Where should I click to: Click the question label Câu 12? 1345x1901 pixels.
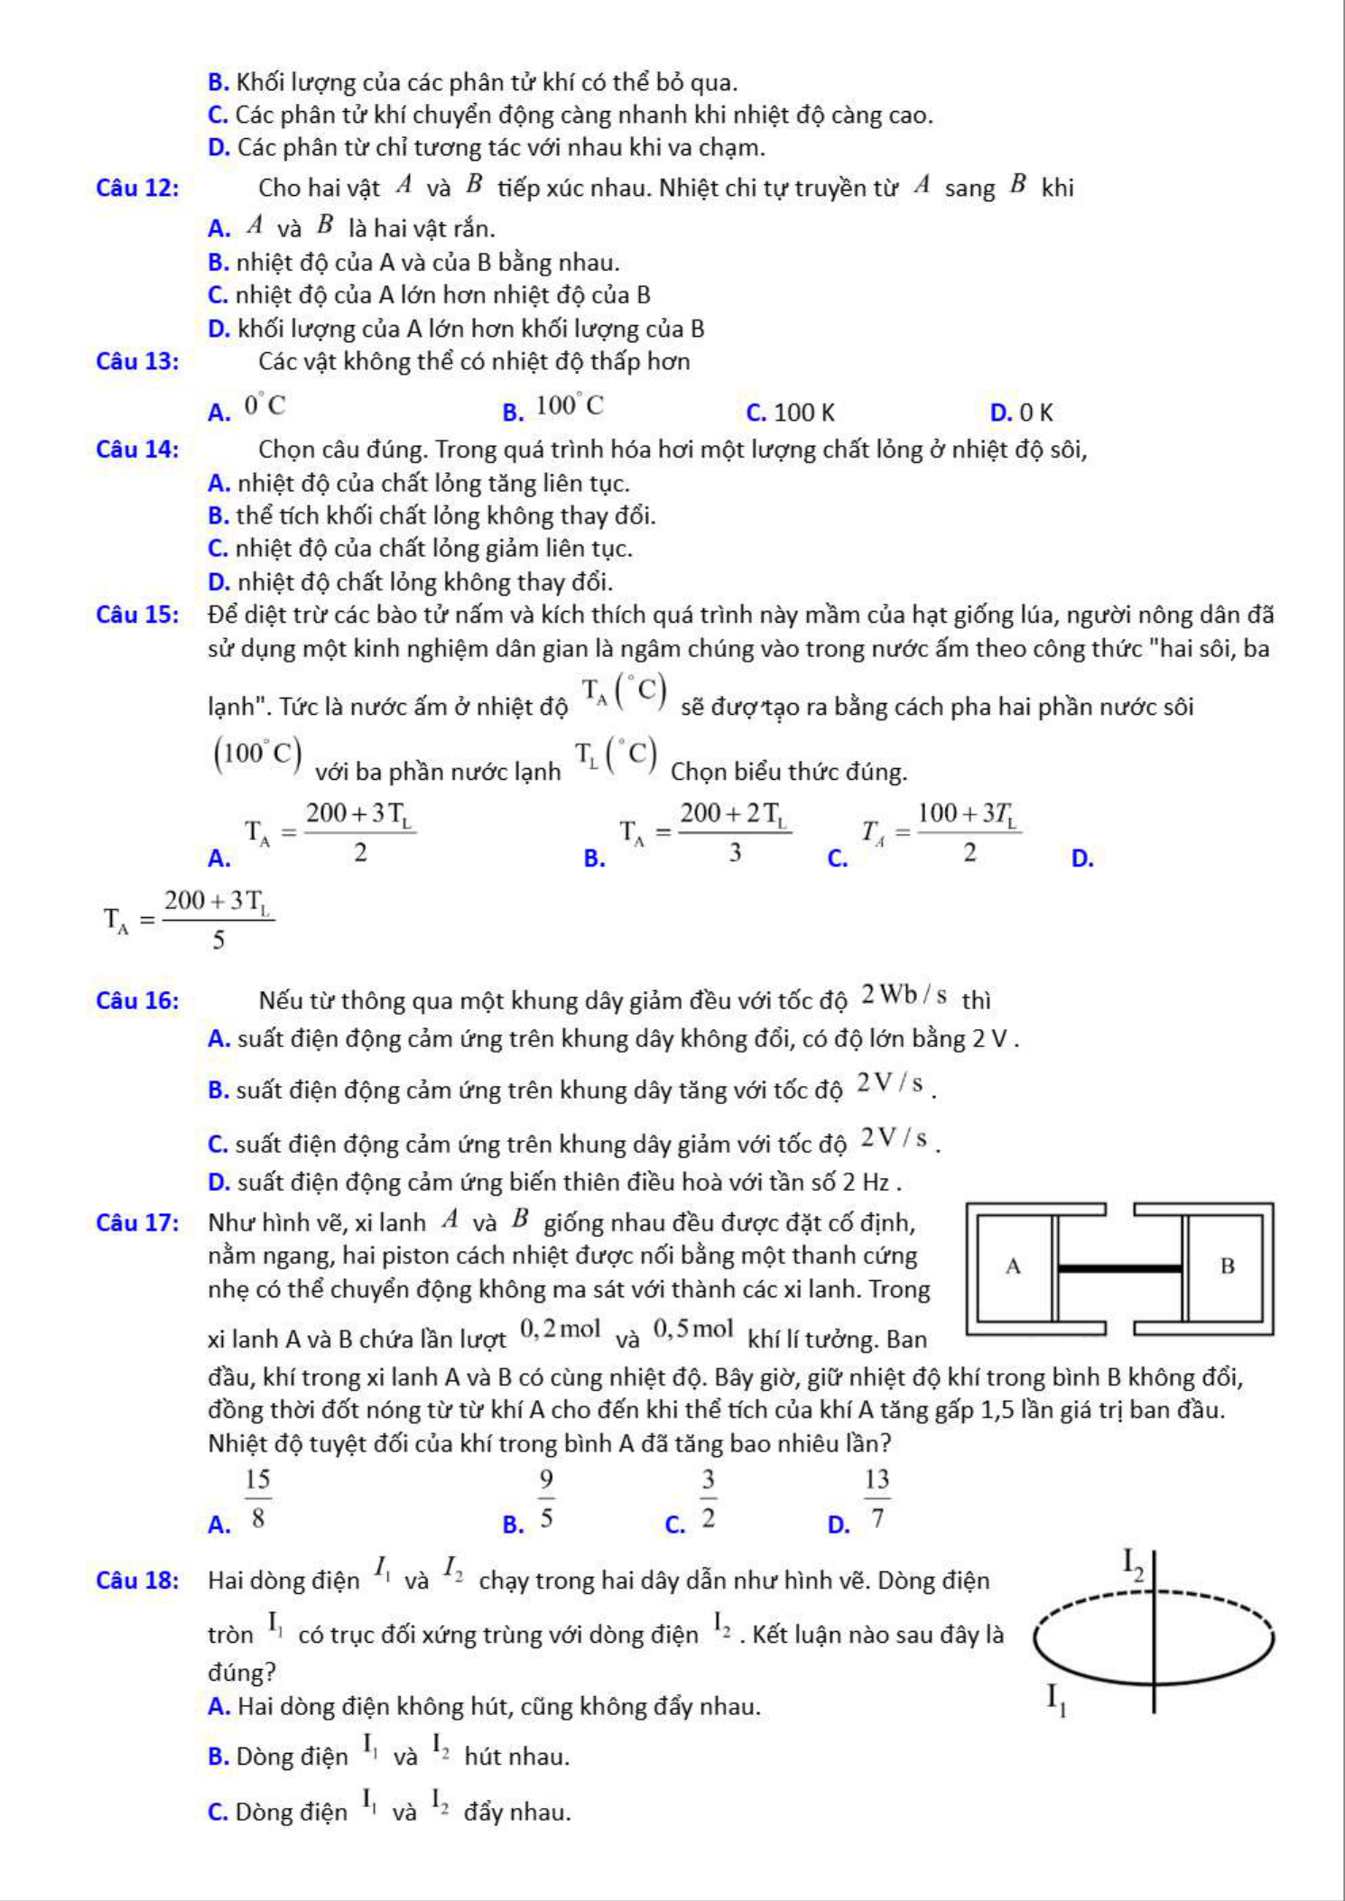[137, 188]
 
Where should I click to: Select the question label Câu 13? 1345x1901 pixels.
[137, 361]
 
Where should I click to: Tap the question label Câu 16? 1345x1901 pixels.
[137, 1000]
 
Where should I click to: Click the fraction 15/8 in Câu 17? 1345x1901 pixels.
[257, 1498]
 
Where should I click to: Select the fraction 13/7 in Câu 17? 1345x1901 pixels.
[877, 1498]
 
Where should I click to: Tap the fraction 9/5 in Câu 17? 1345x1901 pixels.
[546, 1498]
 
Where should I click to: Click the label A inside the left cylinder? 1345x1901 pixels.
[1013, 1266]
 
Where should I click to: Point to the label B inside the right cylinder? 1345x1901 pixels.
[1227, 1266]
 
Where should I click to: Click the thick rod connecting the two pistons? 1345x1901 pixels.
[1119, 1268]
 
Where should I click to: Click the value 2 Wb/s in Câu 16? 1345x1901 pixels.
[904, 996]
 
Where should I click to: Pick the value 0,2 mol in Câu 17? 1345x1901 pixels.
[561, 1329]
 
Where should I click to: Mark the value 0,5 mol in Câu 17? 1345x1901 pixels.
[693, 1329]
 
